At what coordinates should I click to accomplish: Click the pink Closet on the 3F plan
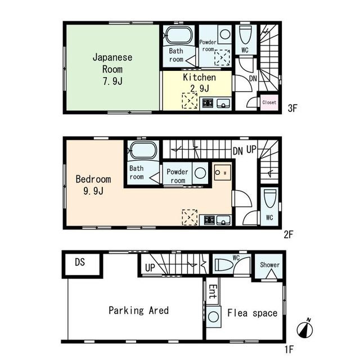tap(269, 102)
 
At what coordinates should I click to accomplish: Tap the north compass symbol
tap(305, 329)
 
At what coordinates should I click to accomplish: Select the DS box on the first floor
tap(82, 264)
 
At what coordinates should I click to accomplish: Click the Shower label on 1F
tap(270, 265)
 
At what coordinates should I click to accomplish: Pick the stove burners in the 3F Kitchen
tap(208, 103)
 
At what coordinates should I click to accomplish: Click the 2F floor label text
tap(289, 235)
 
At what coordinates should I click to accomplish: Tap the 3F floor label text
tap(292, 108)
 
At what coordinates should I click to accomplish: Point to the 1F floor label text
tap(289, 349)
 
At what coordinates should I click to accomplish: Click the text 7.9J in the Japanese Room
tap(112, 81)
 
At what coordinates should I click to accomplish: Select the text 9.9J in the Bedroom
tap(93, 191)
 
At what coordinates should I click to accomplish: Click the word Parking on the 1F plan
tap(126, 310)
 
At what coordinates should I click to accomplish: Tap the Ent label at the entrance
tap(213, 291)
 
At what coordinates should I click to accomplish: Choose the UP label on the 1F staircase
tap(150, 268)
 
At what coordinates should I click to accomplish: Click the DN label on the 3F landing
tap(253, 79)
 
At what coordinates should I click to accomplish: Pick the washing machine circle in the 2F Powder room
tap(200, 173)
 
